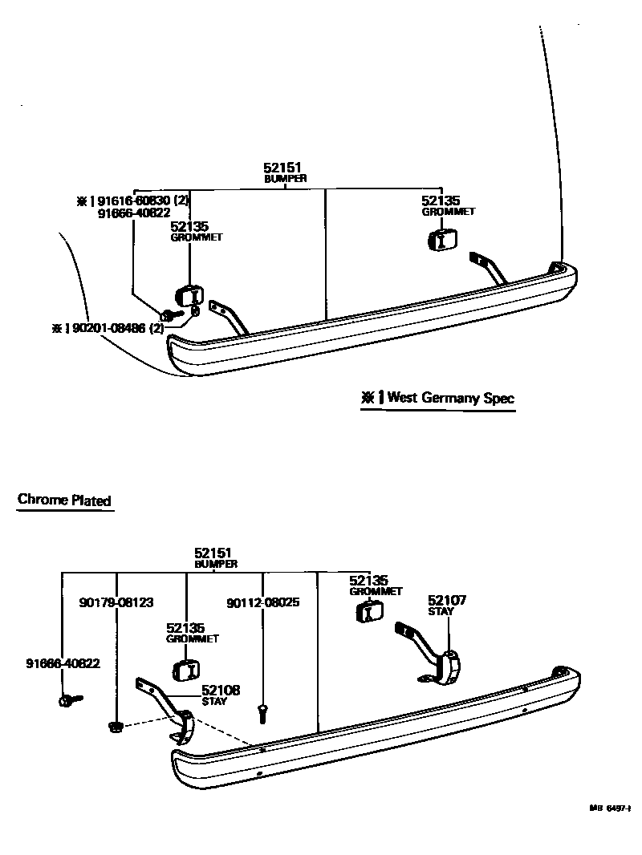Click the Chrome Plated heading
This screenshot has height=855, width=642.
(x=64, y=500)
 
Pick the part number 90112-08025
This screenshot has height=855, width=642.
(x=263, y=602)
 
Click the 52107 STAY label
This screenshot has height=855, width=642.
(x=447, y=605)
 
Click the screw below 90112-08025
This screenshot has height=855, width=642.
(x=262, y=710)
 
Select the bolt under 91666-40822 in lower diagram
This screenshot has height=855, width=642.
(x=68, y=700)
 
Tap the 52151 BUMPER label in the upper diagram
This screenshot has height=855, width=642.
(x=285, y=172)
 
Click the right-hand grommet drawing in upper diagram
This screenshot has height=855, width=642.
(x=442, y=239)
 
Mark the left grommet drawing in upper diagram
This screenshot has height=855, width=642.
(x=188, y=295)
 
